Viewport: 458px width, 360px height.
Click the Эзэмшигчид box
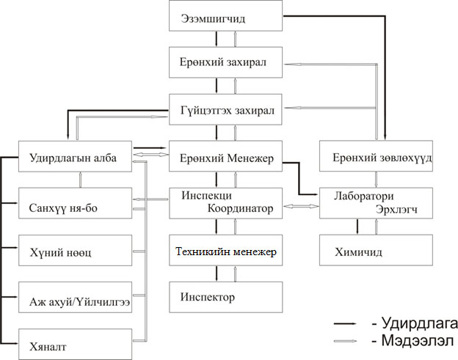pos(225,15)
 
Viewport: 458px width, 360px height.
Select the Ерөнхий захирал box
pos(225,62)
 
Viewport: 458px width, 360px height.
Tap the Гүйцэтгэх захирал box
pos(225,109)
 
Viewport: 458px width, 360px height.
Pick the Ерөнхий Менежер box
pos(225,156)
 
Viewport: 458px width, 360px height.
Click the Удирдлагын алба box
pos(75,156)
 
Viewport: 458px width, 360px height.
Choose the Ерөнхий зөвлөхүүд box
pos(376,156)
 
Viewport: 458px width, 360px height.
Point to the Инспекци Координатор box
pos(225,203)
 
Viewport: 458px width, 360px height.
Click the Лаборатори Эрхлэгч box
pos(376,203)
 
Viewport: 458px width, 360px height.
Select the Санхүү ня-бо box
pos(75,203)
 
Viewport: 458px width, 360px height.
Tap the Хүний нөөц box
pos(75,250)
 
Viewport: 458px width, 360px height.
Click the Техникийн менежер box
pos(225,250)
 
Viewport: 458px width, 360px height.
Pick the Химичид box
pos(376,250)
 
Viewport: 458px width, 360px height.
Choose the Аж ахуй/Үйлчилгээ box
pos(75,297)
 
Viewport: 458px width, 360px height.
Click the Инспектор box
pos(225,297)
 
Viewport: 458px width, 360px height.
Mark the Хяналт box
pos(75,345)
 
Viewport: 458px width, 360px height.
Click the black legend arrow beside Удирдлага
pos(345,324)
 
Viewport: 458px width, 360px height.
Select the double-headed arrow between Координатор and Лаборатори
pos(301,206)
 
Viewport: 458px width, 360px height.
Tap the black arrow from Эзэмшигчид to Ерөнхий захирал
pos(217,39)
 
